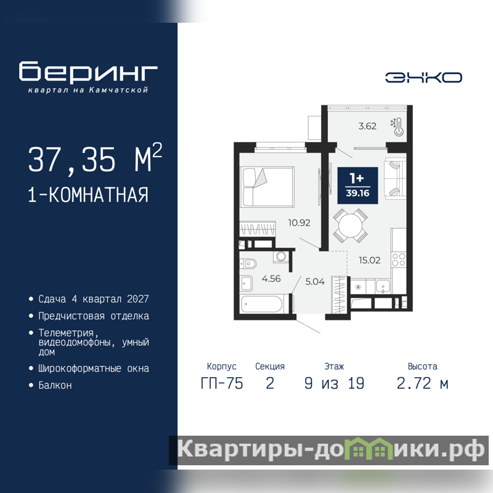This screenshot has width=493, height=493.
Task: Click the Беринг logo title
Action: click(88, 71)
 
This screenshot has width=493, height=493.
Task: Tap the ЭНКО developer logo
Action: click(423, 78)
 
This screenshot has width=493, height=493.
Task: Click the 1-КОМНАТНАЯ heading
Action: click(88, 195)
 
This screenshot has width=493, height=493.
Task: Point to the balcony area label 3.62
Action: click(367, 126)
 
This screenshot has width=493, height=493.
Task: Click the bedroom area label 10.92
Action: click(299, 223)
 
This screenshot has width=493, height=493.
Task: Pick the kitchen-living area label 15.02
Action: click(369, 260)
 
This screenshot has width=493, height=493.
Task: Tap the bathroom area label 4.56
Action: click(271, 279)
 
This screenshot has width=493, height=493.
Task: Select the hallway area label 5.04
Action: click(315, 282)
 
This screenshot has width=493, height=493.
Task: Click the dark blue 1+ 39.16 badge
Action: click(357, 185)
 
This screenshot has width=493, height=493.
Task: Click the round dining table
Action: click(350, 226)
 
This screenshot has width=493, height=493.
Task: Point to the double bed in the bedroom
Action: click(267, 187)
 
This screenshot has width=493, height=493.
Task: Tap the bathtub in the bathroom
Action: click(263, 304)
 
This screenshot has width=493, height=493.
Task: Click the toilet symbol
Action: click(248, 264)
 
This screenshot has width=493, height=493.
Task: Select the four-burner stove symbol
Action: click(398, 259)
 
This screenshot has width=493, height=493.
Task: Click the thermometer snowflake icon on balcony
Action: click(397, 127)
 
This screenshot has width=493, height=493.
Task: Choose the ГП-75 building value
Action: click(222, 383)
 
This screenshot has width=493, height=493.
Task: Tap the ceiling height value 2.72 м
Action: click(422, 383)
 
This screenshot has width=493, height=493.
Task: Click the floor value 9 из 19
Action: click(334, 383)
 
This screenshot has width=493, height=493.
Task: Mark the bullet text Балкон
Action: click(55, 385)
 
